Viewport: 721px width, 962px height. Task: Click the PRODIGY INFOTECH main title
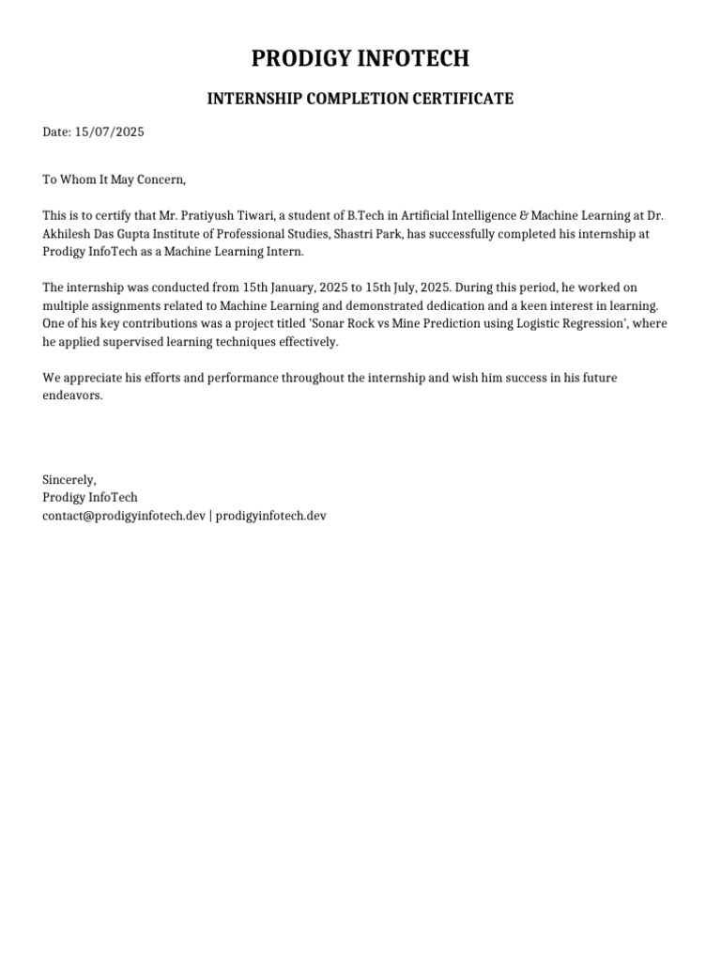[x=360, y=59]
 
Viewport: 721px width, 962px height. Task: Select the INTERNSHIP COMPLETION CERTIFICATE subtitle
[x=360, y=99]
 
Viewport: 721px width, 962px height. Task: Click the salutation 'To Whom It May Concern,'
[x=115, y=179]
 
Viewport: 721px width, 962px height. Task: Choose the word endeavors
[x=71, y=396]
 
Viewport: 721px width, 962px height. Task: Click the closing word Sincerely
[x=69, y=480]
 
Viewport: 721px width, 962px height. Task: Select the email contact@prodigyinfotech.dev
[x=123, y=516]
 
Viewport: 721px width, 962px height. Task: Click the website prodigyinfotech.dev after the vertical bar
[x=270, y=516]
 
